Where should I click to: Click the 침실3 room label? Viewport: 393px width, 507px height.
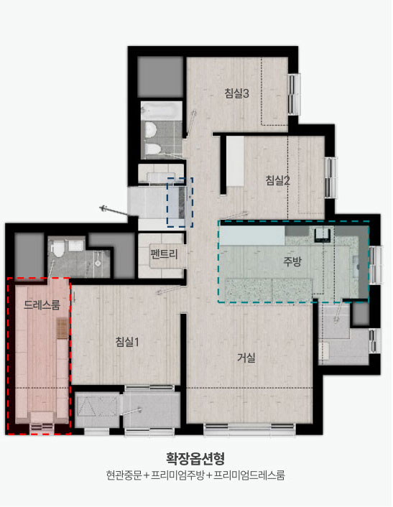point(236,93)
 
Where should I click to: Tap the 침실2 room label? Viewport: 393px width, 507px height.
point(277,180)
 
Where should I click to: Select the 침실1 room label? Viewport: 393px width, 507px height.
point(127,342)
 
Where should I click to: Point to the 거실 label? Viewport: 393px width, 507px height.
point(246,358)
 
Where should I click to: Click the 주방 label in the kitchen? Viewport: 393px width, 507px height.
point(292,261)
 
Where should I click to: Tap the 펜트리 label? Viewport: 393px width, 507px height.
point(165,253)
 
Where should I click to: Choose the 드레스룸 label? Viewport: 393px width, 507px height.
point(42,304)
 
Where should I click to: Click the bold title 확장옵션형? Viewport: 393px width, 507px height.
point(195,458)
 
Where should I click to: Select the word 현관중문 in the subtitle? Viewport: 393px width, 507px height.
point(124,475)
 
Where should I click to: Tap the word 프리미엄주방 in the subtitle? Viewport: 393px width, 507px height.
point(177,475)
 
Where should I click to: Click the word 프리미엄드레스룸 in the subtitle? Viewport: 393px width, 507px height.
point(249,475)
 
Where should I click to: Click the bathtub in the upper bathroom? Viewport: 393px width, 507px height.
point(162,111)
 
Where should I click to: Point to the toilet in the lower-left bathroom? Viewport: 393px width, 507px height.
point(58,248)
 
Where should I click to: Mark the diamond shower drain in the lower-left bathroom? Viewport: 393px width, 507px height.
point(98,264)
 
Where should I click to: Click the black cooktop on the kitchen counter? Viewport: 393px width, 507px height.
point(323,235)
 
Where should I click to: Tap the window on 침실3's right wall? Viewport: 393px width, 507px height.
point(294,94)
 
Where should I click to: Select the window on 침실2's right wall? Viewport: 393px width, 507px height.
point(330,177)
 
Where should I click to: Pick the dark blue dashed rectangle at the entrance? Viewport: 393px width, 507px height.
point(180,202)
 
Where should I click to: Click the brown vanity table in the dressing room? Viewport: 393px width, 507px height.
point(62,328)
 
